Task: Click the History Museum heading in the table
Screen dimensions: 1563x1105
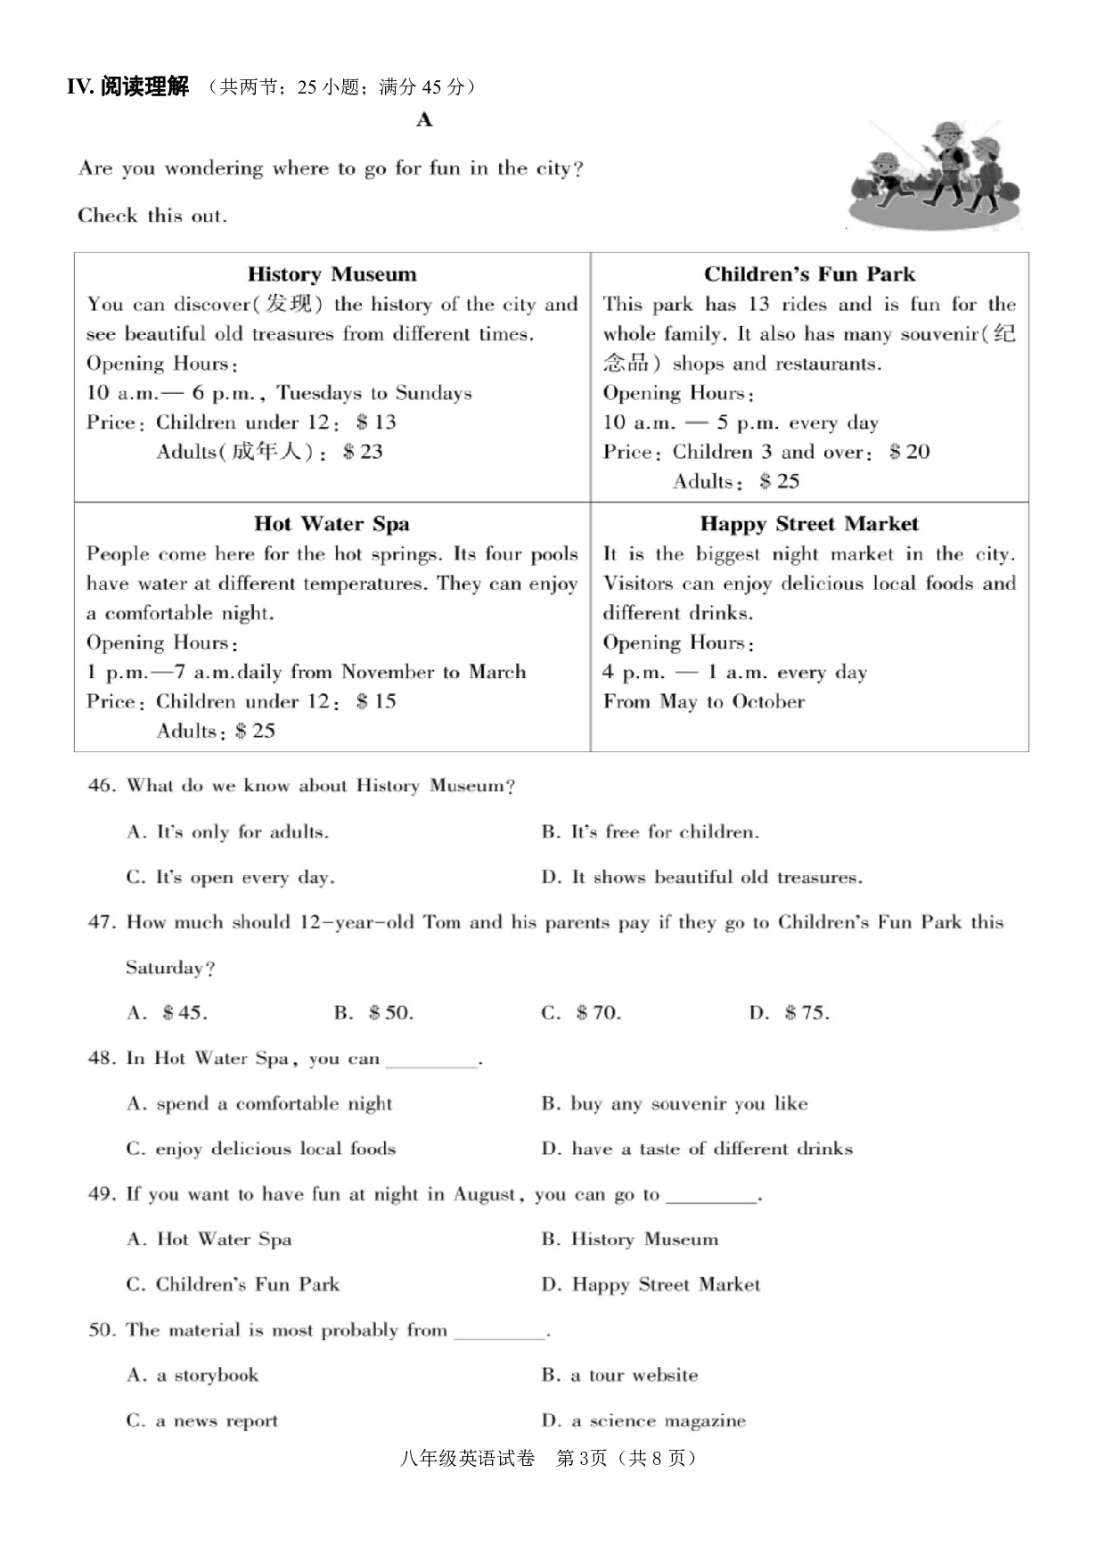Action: [331, 274]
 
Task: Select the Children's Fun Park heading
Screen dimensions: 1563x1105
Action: [809, 274]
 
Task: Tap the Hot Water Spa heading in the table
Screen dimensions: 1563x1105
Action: [331, 523]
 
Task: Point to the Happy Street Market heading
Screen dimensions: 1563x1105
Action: [809, 523]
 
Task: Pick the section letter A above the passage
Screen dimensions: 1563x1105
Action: [424, 119]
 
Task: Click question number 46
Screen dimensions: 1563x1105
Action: [102, 785]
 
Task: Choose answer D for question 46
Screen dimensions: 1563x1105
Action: [701, 877]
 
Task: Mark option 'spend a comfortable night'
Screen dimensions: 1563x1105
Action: [259, 1103]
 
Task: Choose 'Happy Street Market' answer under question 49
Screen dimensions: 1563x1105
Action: [651, 1284]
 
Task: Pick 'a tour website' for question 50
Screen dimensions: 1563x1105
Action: [619, 1375]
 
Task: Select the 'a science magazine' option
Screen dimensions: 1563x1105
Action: [644, 1420]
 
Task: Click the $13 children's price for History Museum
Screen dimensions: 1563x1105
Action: [375, 422]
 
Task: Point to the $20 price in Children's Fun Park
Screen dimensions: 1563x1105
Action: [909, 452]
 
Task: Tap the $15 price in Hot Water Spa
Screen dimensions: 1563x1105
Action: [375, 701]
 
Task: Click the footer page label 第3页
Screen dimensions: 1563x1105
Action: [581, 1459]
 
